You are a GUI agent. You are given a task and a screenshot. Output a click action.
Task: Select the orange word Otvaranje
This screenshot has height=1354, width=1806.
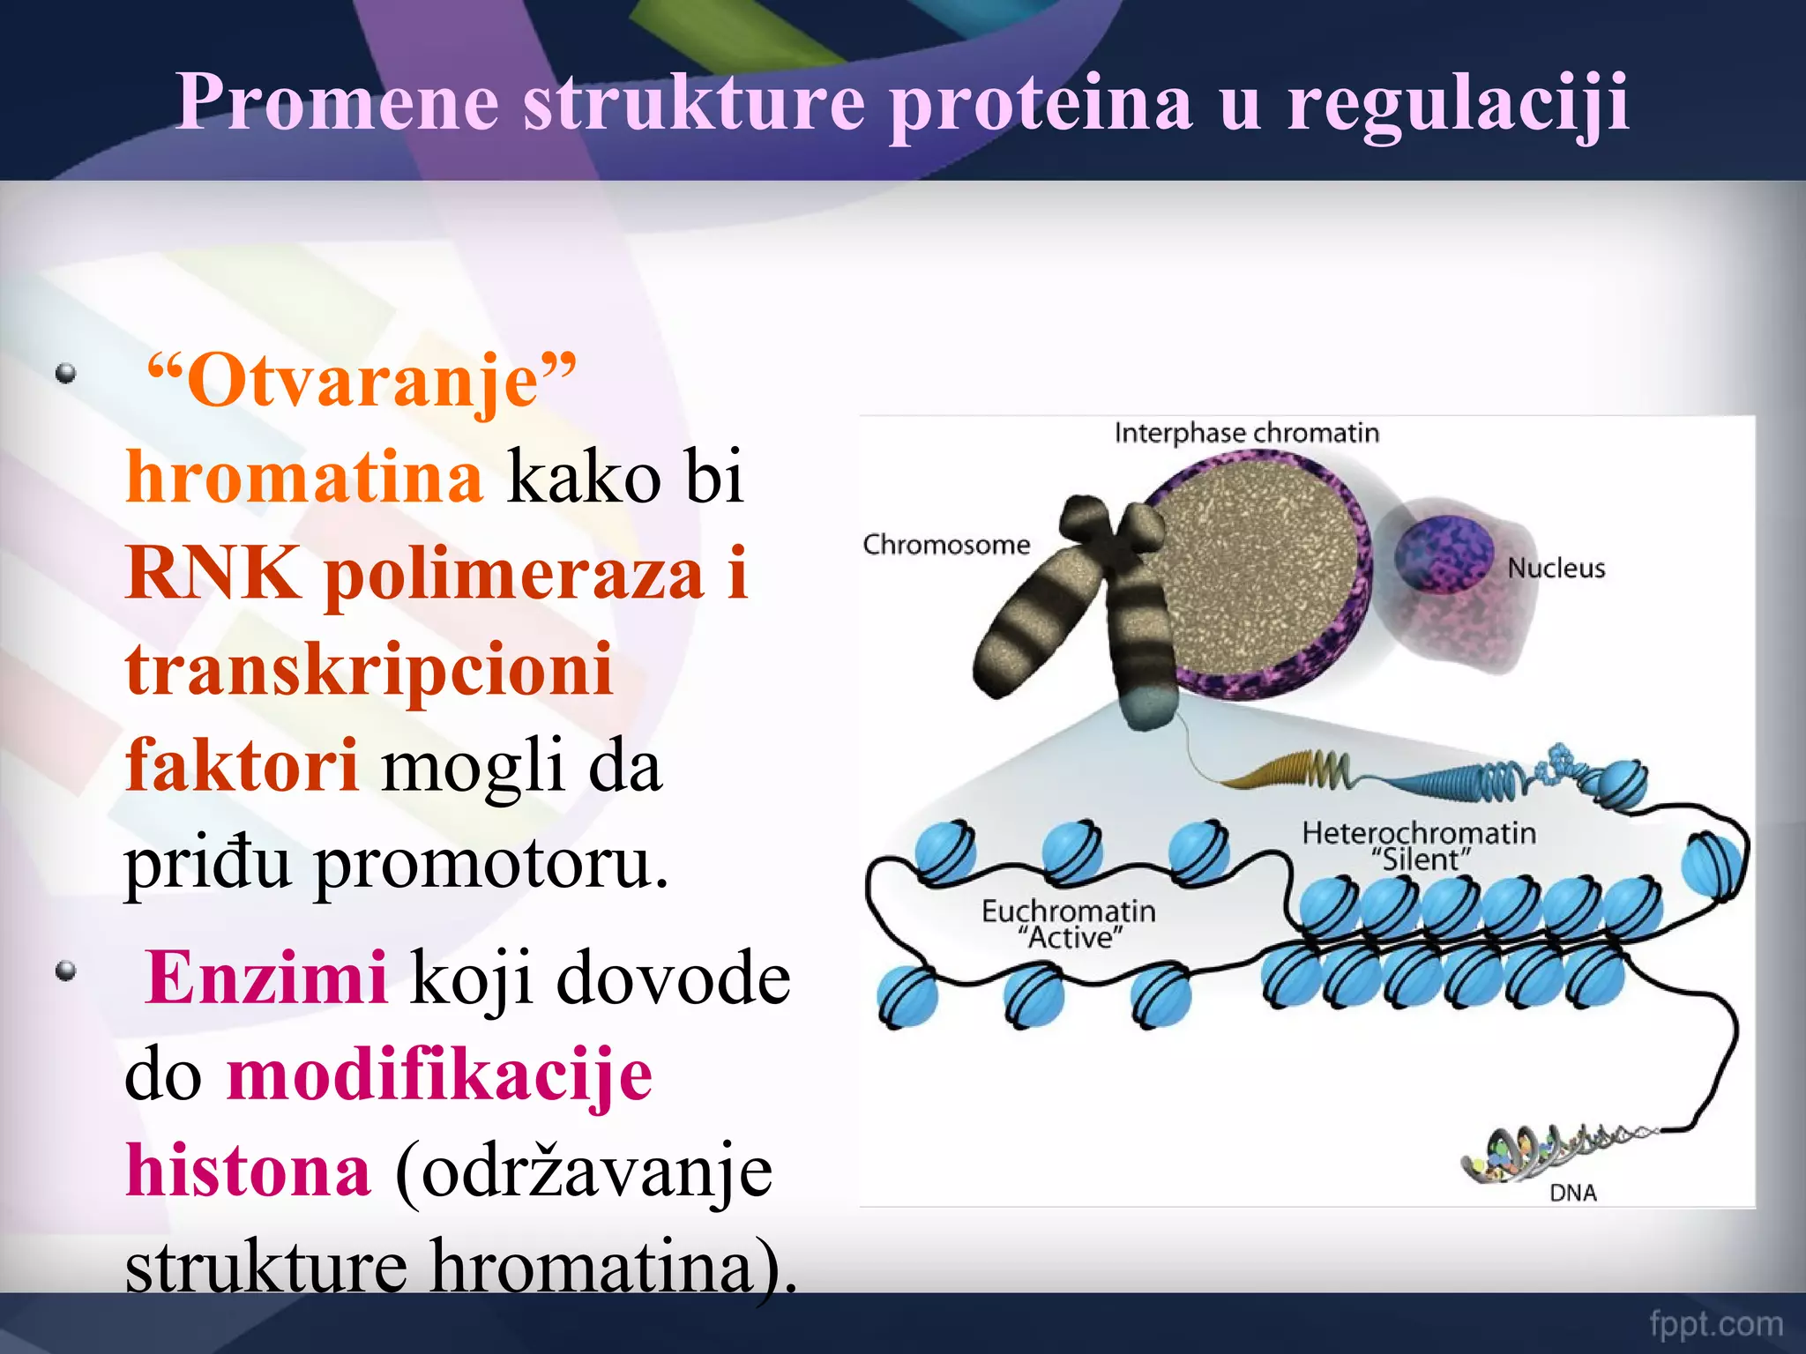[362, 381]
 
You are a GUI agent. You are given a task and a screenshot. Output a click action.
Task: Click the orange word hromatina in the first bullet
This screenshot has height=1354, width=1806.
[304, 477]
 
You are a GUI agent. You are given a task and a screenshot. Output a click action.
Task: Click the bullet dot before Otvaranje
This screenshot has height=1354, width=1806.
[66, 375]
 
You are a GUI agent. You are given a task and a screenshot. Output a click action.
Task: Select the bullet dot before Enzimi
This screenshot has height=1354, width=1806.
[66, 972]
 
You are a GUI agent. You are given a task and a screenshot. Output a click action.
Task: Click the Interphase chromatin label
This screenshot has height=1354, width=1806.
[1246, 433]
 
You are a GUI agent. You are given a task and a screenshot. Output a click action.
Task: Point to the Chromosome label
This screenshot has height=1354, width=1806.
[946, 545]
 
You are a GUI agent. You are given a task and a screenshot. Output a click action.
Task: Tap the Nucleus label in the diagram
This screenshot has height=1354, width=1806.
[1556, 569]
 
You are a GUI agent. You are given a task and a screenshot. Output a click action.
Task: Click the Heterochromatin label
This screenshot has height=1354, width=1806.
[1419, 833]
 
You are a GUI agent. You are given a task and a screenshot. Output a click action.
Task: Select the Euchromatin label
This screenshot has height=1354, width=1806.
[1068, 911]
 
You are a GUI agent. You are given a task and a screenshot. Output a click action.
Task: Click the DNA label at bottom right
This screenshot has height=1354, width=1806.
[1573, 1193]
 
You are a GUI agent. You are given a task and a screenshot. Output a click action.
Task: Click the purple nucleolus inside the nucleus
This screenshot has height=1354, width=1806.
[1444, 554]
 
